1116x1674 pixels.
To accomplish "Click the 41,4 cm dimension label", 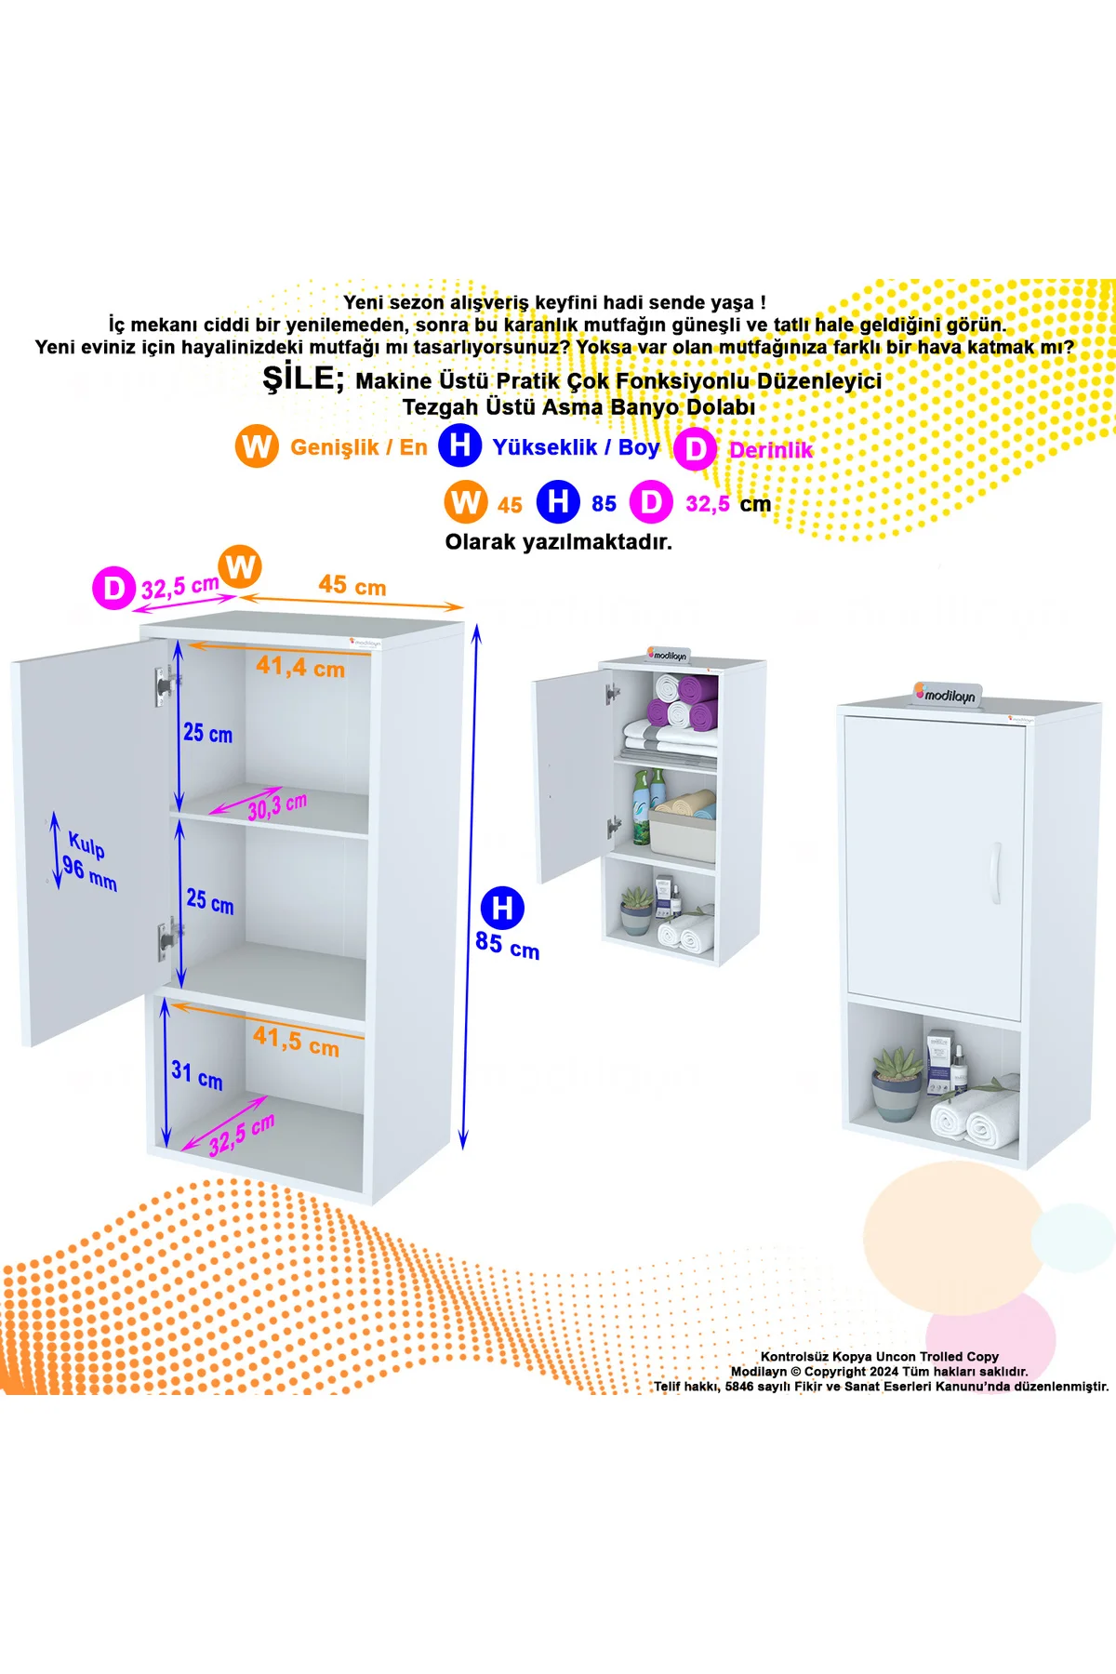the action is [300, 667].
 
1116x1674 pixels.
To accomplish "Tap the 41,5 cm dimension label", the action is [296, 1041].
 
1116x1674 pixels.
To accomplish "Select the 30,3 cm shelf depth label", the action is [276, 806].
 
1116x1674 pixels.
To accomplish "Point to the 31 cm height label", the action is [197, 1074].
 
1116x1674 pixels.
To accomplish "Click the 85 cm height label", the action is [507, 945].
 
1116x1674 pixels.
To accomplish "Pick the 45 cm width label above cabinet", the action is [352, 585].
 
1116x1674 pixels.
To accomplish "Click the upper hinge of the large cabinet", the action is [166, 686].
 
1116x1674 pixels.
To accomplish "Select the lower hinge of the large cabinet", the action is [167, 939].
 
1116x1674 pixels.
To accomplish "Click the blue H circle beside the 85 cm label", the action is [502, 908].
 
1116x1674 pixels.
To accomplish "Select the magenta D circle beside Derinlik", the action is [695, 450].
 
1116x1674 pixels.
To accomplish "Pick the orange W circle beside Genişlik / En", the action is [257, 446].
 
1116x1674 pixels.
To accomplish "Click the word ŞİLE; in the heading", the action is [303, 377].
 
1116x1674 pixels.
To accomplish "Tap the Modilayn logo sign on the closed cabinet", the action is [947, 694].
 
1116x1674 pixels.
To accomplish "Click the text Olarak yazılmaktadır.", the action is [558, 542].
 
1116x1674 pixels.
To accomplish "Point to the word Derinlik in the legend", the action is [771, 450].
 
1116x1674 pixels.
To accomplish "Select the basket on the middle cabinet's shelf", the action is [682, 831].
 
